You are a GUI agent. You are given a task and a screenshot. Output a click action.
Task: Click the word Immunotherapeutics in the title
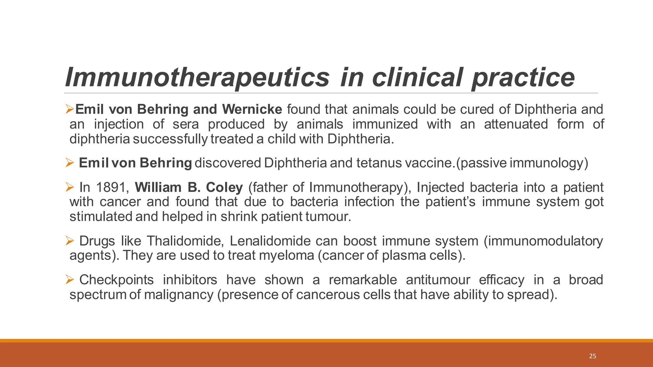point(197,77)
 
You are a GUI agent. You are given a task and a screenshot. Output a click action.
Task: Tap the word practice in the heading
point(523,77)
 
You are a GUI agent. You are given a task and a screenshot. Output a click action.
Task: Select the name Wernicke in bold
point(252,109)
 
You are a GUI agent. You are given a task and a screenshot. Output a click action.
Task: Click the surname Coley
point(224,187)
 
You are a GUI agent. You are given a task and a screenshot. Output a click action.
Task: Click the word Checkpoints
point(116,280)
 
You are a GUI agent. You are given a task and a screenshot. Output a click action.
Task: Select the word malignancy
point(179,294)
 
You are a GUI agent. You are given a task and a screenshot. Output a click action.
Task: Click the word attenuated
point(516,124)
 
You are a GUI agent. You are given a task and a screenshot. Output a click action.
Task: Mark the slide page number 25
point(592,356)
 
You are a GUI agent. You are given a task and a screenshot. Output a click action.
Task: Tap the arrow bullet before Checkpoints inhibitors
point(70,279)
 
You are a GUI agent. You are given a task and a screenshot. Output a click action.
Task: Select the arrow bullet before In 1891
point(70,187)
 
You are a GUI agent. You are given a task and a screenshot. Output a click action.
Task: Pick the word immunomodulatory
point(543,241)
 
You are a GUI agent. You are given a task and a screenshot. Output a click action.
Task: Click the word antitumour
point(438,280)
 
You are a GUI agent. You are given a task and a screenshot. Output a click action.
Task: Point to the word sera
point(186,124)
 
